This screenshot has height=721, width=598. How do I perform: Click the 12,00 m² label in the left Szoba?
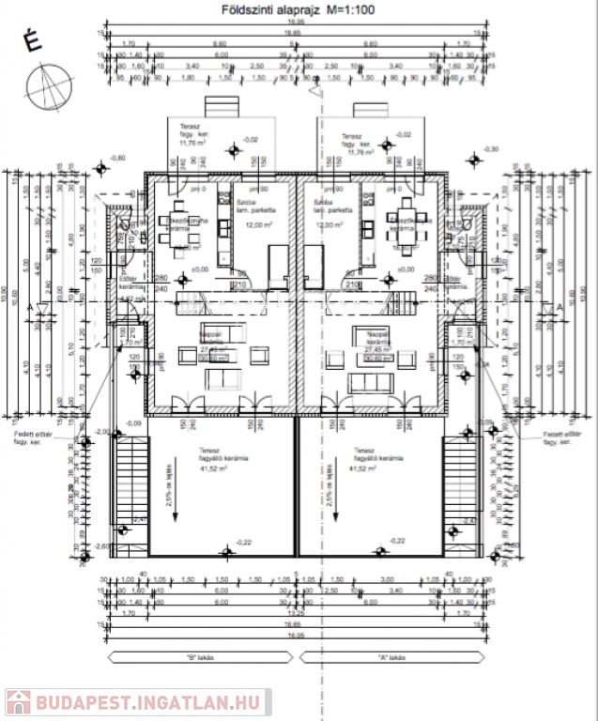click(x=251, y=225)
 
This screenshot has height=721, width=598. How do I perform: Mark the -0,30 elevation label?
click(x=492, y=148)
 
